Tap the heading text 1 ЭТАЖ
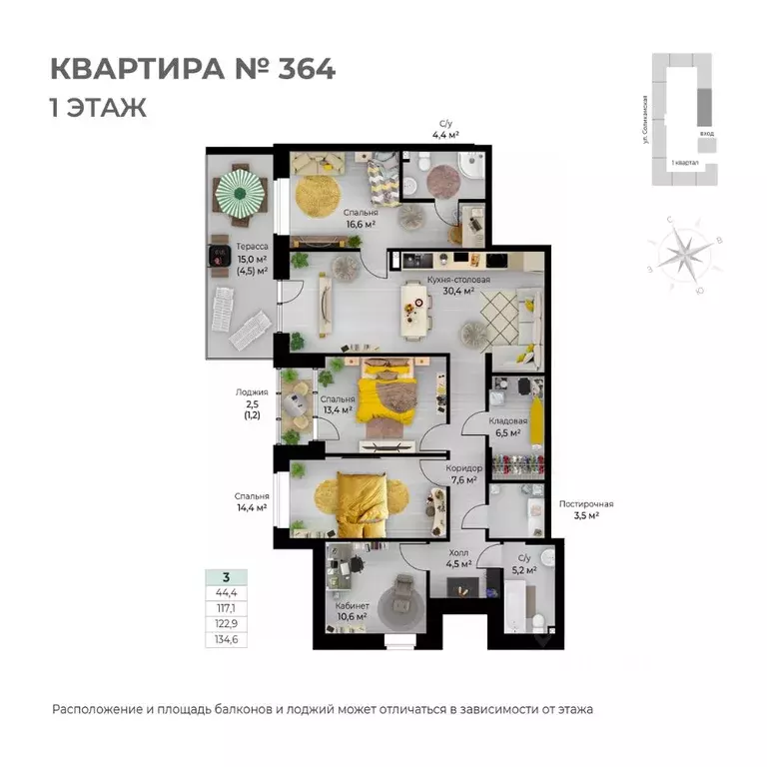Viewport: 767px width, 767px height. coord(98,108)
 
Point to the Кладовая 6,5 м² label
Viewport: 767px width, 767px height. coord(507,427)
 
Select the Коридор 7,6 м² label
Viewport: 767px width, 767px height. coord(465,474)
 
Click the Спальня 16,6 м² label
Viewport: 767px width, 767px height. coord(361,219)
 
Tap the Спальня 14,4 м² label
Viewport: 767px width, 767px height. coord(252,501)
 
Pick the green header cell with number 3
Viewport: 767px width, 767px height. coord(227,577)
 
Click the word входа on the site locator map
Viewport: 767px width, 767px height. coord(707,133)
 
